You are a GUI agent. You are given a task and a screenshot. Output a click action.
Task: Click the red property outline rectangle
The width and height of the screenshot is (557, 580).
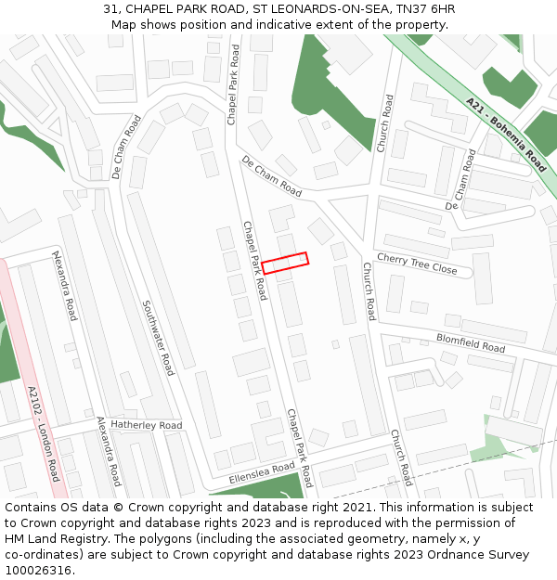click(x=284, y=263)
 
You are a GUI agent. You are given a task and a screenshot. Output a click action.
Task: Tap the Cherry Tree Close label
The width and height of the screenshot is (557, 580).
click(x=417, y=264)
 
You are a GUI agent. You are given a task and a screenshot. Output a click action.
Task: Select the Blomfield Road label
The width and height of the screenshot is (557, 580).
click(x=471, y=342)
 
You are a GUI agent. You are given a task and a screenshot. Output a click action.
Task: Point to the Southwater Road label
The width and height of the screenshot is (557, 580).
click(x=158, y=337)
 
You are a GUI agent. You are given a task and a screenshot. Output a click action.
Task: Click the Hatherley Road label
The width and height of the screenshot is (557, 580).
click(x=146, y=425)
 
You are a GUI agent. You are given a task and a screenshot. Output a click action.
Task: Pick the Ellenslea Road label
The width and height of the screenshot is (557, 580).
click(x=261, y=473)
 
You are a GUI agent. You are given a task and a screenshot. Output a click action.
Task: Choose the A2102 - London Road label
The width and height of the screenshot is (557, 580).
click(x=44, y=434)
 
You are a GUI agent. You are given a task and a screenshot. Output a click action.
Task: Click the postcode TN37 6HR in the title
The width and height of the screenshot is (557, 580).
click(x=424, y=8)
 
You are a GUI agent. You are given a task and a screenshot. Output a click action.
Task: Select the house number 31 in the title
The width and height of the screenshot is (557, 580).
click(x=111, y=8)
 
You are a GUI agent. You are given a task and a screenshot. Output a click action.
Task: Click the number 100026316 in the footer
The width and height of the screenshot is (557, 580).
click(x=40, y=570)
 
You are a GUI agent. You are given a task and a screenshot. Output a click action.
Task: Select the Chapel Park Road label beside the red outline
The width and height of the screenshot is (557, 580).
click(x=255, y=261)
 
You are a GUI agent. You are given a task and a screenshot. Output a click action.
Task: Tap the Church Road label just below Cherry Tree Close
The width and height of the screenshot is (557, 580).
click(x=369, y=290)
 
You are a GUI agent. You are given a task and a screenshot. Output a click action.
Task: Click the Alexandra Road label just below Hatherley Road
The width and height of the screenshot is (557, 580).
click(x=110, y=451)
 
